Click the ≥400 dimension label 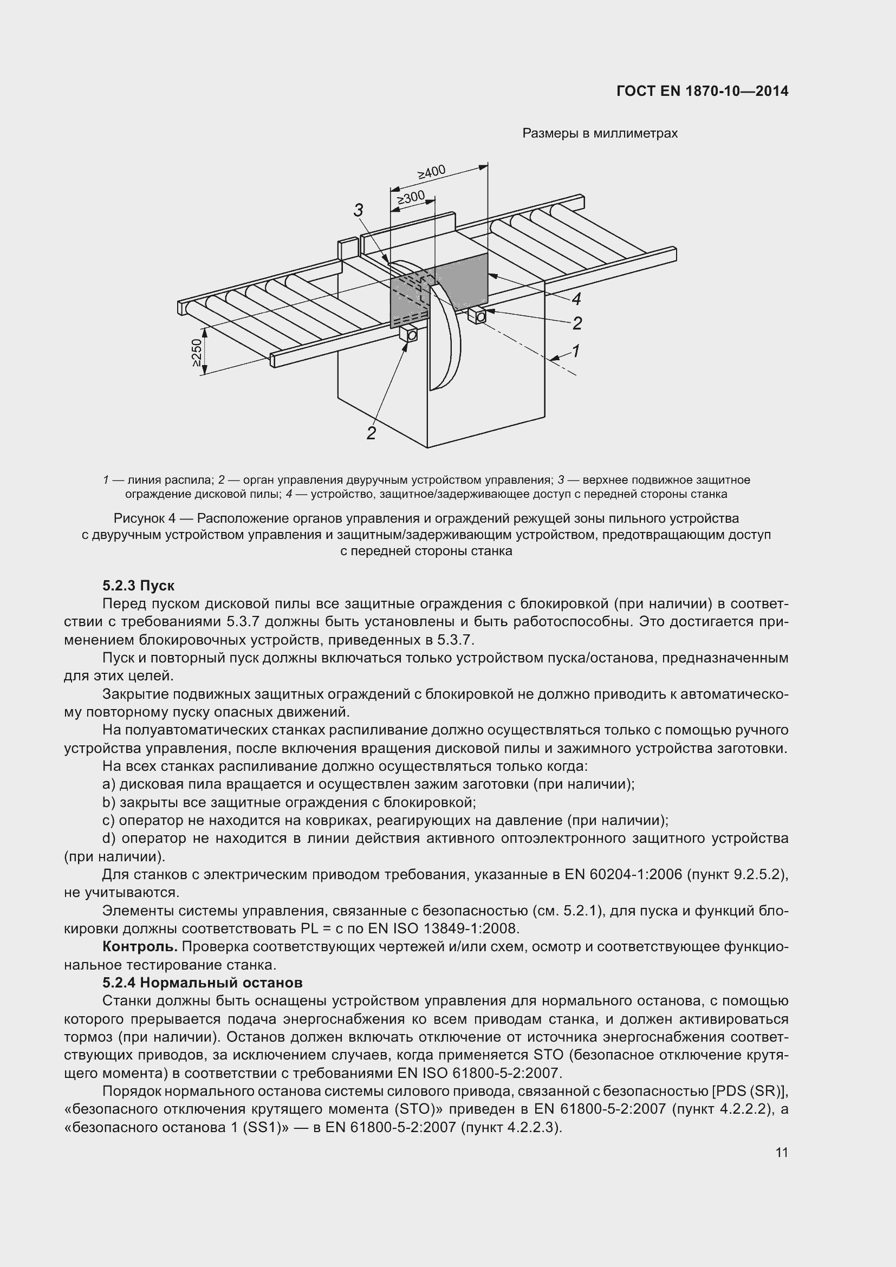431,172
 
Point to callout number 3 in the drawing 359,210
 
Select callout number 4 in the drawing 576,299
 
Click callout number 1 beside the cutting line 575,350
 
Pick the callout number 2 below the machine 371,433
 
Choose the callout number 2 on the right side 577,323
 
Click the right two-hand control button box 478,316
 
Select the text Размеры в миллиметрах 600,134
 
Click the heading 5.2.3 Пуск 139,586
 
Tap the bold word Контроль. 140,947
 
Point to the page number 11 781,1153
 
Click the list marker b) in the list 109,802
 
